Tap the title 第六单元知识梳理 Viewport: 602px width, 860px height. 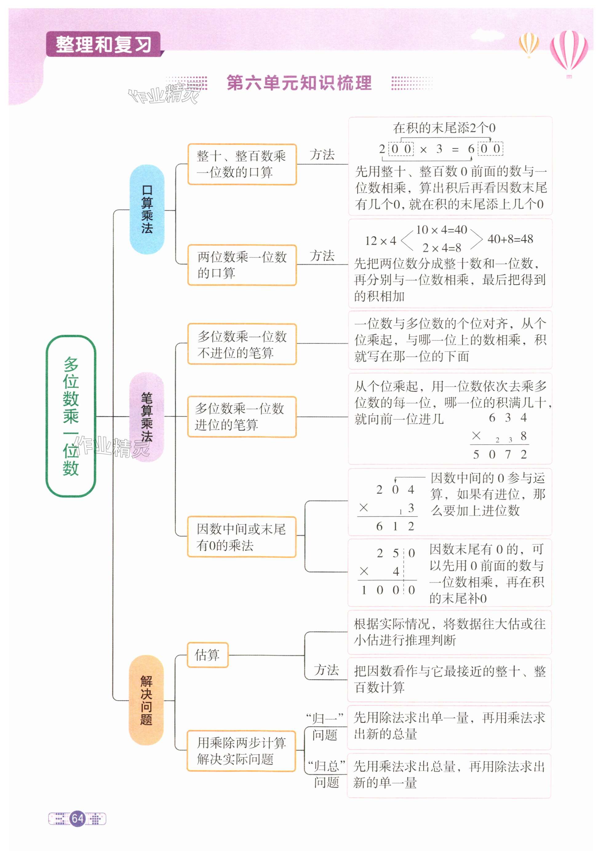click(x=299, y=83)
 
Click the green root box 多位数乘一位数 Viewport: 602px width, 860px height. click(x=71, y=416)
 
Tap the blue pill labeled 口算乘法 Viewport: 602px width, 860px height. click(x=147, y=209)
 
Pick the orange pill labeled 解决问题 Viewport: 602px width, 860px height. click(x=146, y=700)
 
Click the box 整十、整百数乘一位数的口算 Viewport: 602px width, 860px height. click(x=242, y=164)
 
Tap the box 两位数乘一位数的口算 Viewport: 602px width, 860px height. click(x=242, y=265)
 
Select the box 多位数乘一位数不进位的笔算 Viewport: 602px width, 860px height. click(x=242, y=344)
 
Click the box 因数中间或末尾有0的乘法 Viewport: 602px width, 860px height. click(x=241, y=537)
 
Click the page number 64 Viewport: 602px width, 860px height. click(x=78, y=818)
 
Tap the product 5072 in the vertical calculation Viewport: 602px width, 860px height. click(x=500, y=454)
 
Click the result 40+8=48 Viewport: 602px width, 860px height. click(x=510, y=239)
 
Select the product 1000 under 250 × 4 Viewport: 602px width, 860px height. click(x=388, y=590)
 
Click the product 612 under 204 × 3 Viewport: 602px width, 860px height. click(x=395, y=526)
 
